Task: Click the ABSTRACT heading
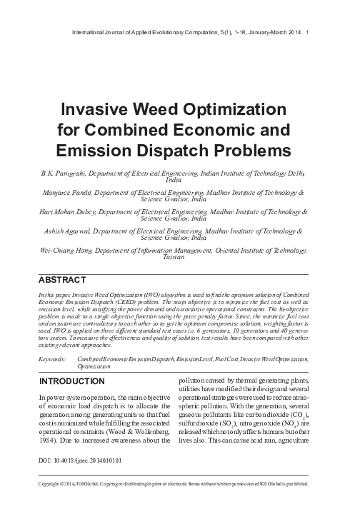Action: pyautogui.click(x=63, y=279)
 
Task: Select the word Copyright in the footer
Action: pyautogui.click(x=56, y=502)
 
